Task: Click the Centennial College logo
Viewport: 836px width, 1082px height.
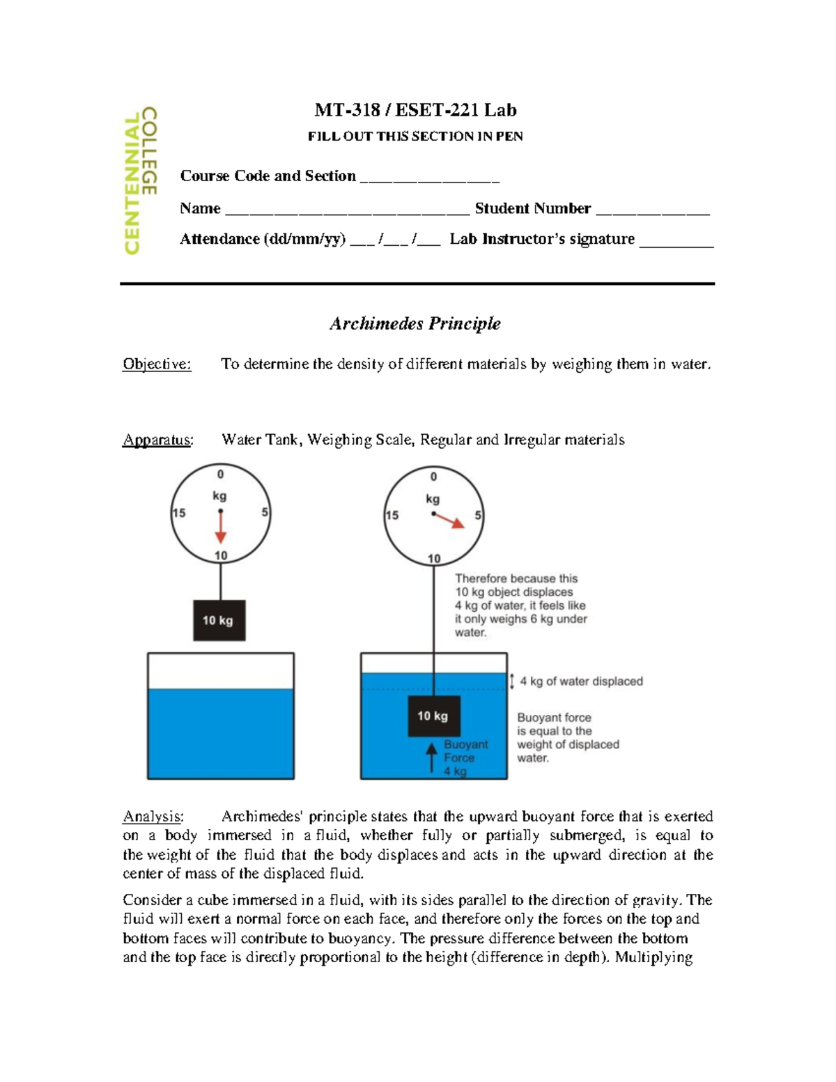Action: (x=140, y=180)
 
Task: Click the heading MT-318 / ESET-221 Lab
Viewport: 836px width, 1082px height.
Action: (x=415, y=110)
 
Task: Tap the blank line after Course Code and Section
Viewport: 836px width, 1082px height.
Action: (x=429, y=178)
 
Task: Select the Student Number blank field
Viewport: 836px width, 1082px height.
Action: (x=653, y=210)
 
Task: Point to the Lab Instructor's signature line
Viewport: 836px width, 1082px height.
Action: (x=676, y=241)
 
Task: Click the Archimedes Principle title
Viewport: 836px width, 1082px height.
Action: (x=415, y=323)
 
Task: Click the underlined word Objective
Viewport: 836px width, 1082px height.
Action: (x=157, y=364)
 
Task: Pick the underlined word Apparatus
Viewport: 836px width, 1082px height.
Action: (x=157, y=440)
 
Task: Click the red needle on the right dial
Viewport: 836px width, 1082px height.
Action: (x=449, y=520)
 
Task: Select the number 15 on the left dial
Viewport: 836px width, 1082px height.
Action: (x=179, y=513)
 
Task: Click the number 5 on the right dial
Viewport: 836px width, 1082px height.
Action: (x=478, y=516)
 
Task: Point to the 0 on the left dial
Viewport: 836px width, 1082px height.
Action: (x=220, y=474)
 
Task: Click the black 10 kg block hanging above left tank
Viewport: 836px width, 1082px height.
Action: (x=219, y=620)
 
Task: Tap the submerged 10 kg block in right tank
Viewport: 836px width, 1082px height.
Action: (x=433, y=716)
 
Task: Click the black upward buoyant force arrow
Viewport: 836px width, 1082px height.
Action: (x=432, y=757)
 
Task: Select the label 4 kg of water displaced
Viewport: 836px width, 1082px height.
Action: (x=581, y=681)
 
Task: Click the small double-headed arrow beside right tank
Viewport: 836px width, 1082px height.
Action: (x=512, y=681)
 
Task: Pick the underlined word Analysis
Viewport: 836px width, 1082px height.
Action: (x=153, y=816)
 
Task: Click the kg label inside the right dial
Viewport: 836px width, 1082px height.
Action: (x=433, y=499)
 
